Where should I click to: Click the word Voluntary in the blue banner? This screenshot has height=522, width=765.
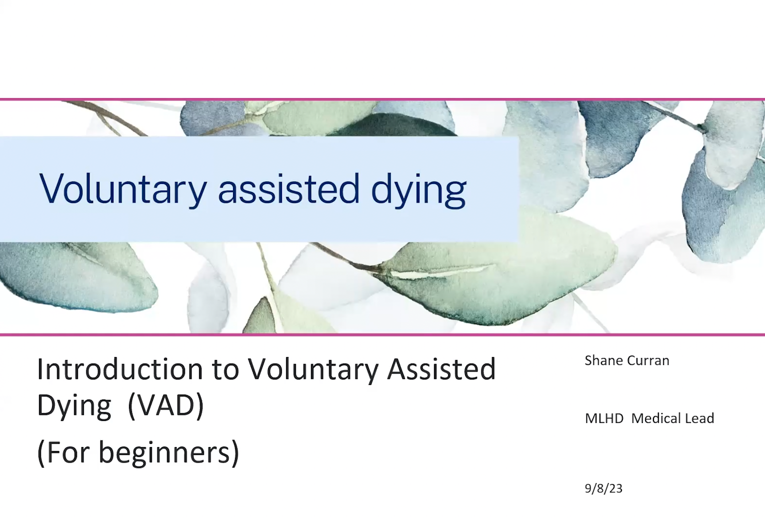[x=122, y=189]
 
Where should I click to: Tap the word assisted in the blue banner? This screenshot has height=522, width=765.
[x=288, y=189]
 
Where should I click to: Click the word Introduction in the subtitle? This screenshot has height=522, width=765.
[x=119, y=369]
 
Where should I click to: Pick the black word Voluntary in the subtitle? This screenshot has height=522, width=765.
[x=313, y=370]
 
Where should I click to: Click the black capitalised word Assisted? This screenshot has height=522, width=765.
[x=441, y=369]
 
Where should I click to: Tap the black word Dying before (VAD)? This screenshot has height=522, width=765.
[x=74, y=406]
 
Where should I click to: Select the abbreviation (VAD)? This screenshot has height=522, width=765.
[x=166, y=405]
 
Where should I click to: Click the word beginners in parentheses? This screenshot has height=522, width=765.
[x=168, y=453]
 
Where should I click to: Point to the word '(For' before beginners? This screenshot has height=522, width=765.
[x=64, y=453]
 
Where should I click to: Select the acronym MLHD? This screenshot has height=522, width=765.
[x=604, y=418]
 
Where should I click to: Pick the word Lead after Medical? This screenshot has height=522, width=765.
[x=699, y=418]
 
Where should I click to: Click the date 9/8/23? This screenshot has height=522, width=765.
[x=603, y=488]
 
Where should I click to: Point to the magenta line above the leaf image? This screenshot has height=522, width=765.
[x=382, y=99]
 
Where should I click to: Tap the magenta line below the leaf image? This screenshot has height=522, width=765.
[x=382, y=334]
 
